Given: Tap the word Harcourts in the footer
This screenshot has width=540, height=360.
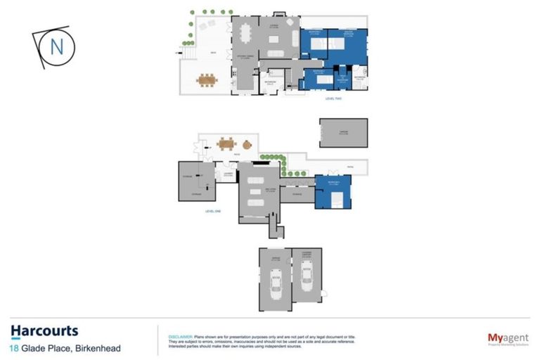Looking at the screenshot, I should (x=44, y=331).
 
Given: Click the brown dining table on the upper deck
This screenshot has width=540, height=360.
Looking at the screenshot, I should (x=207, y=80).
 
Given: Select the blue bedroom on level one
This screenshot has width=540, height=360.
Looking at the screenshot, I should (x=333, y=191).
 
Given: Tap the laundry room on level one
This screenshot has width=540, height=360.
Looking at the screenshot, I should (x=228, y=174).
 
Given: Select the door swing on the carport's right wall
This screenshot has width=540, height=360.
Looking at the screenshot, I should (x=324, y=292).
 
